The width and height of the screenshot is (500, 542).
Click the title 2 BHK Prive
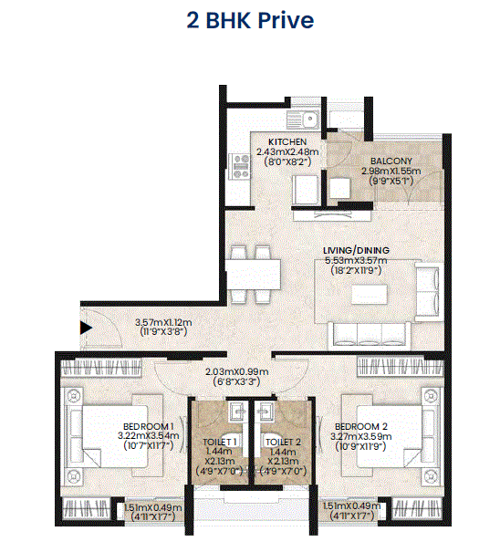pos(249,21)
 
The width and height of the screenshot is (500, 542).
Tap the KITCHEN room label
pos(287,141)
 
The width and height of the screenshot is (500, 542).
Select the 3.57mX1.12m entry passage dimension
pos(163,322)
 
